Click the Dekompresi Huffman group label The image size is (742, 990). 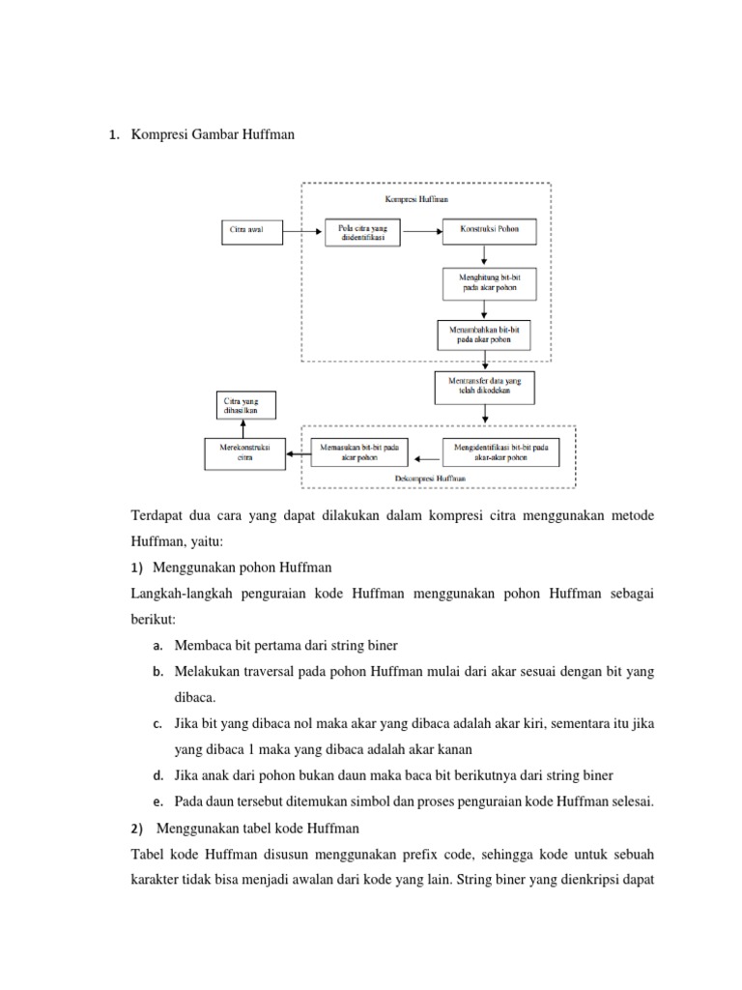pyautogui.click(x=431, y=478)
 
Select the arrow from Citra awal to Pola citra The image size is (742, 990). pyautogui.click(x=302, y=231)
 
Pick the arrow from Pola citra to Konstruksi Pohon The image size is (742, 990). pyautogui.click(x=423, y=231)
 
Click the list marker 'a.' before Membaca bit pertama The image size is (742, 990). pyautogui.click(x=157, y=645)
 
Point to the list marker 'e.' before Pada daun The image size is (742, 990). pyautogui.click(x=157, y=801)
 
